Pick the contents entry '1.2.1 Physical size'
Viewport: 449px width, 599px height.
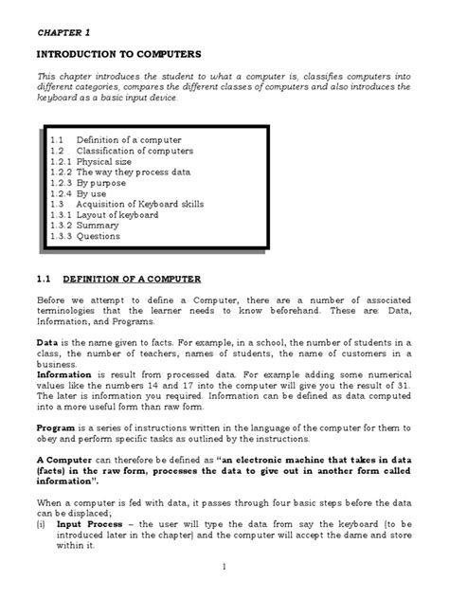coord(94,162)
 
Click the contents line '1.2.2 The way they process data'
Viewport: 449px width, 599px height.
coord(120,172)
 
